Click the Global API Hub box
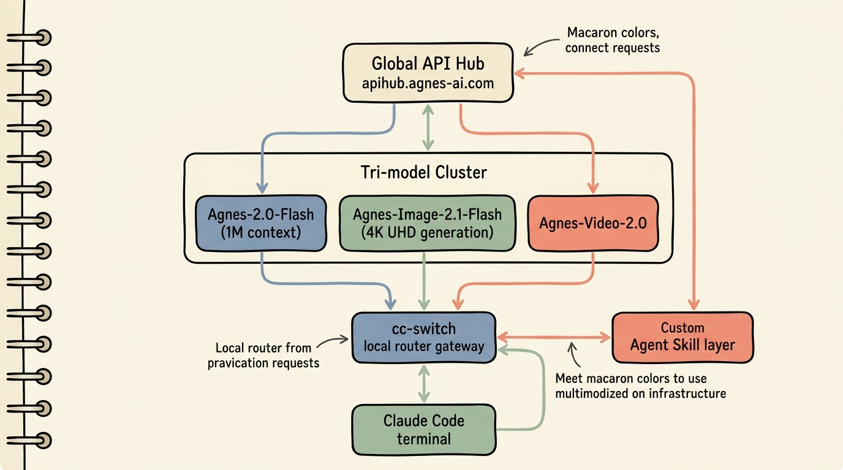pyautogui.click(x=428, y=73)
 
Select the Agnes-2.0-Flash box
pyautogui.click(x=261, y=223)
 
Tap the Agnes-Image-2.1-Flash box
pyautogui.click(x=427, y=223)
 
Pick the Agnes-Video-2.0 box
pyautogui.click(x=593, y=223)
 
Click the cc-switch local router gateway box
pyautogui.click(x=424, y=337)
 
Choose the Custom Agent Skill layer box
pyautogui.click(x=682, y=337)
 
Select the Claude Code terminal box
pyautogui.click(x=424, y=430)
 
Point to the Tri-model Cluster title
pyautogui.click(x=424, y=172)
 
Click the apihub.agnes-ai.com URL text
pyautogui.click(x=428, y=83)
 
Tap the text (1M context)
pyautogui.click(x=261, y=233)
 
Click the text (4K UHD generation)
pyautogui.click(x=427, y=233)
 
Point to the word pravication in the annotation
pyautogui.click(x=238, y=364)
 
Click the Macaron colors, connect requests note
pyautogui.click(x=613, y=40)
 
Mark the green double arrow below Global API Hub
pyautogui.click(x=428, y=127)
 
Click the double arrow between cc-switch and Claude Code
pyautogui.click(x=424, y=384)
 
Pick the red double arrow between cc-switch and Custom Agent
pyautogui.click(x=554, y=337)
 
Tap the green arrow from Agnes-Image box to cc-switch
pyautogui.click(x=424, y=282)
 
